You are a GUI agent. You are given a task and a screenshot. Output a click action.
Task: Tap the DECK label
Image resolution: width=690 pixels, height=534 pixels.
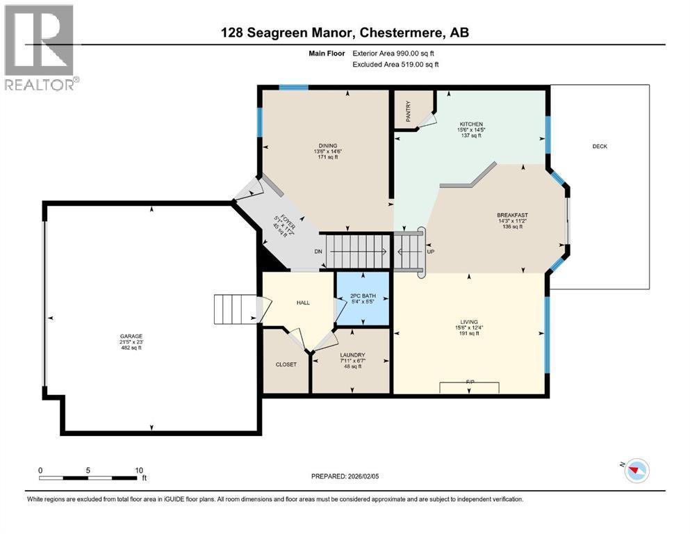600,146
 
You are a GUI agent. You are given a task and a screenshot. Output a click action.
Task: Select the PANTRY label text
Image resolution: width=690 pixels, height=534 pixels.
409,111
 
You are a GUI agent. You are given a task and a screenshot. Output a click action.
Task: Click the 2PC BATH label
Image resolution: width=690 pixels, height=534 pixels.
361,296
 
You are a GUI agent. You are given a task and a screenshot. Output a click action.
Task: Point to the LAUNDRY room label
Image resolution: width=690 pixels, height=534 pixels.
352,355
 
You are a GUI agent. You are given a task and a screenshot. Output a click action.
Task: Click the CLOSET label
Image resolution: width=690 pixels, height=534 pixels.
286,364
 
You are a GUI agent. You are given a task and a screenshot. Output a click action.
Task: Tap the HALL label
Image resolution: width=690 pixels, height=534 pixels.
304,302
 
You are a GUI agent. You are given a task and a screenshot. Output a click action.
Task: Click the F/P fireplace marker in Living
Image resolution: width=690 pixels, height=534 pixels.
470,382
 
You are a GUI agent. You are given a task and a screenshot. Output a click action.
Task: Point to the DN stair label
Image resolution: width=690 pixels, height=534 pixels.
318,252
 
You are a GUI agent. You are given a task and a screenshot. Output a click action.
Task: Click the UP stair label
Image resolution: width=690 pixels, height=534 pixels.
430,251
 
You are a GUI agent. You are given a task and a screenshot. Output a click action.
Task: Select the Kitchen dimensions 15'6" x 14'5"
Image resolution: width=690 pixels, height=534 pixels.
471,129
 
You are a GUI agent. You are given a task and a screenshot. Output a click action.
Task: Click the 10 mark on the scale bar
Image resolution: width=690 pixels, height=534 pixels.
138,470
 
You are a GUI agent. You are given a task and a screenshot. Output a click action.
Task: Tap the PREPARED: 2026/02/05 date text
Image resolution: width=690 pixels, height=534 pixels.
345,476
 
